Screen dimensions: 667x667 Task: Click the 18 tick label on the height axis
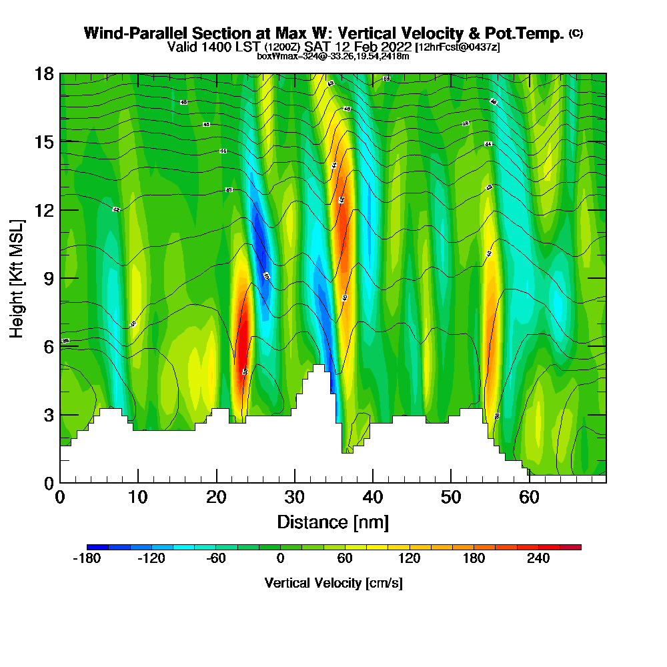coord(44,73)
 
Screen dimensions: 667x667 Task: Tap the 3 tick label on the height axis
coord(48,415)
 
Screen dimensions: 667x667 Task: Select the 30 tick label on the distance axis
coord(294,497)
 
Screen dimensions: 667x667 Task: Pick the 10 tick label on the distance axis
coord(138,497)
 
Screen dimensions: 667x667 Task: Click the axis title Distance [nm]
coord(333,522)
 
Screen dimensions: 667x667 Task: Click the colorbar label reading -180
coord(86,559)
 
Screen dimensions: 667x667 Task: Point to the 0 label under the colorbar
coord(281,559)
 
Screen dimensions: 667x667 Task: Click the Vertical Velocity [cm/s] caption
coord(333,583)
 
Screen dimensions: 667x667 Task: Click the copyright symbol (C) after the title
coord(576,33)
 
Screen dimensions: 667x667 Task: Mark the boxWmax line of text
coord(333,56)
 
